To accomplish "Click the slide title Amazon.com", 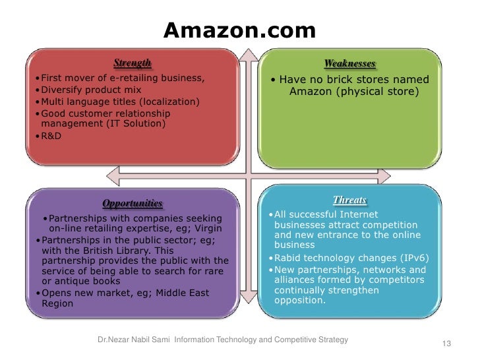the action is [x=239, y=30].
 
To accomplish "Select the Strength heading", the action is [x=132, y=63].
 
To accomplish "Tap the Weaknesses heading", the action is [x=349, y=64].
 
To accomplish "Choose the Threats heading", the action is [x=349, y=200].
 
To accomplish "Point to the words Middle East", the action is [x=191, y=293].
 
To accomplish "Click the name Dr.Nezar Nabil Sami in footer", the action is [x=134, y=340].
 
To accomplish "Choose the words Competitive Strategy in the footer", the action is [x=316, y=340].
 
